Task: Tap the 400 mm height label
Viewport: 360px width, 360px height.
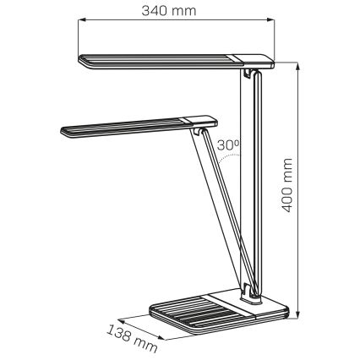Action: pos(288,186)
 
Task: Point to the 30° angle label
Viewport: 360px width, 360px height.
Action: pos(228,145)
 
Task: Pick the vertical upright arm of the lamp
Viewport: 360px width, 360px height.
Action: pos(255,186)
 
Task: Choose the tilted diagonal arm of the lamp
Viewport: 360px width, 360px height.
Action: pos(221,211)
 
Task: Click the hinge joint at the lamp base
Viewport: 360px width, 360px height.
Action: pos(252,293)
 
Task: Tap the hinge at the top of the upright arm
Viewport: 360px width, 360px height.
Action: pos(248,77)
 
